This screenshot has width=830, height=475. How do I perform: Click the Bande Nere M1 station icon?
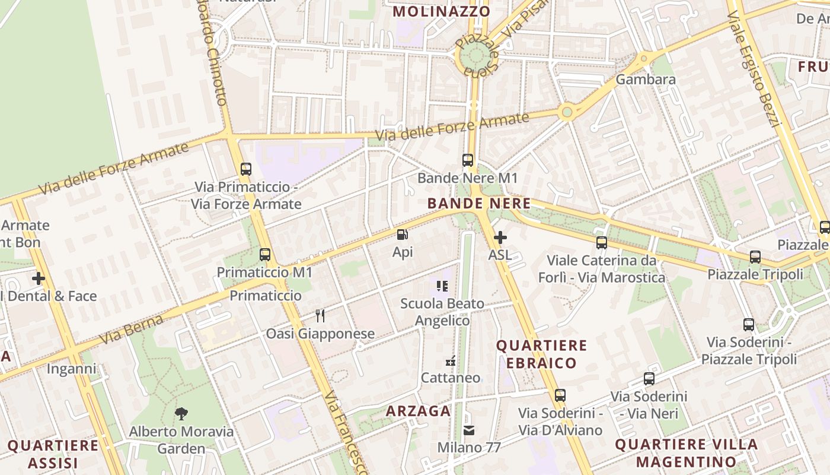(x=468, y=160)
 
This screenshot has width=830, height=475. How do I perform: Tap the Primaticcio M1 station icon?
(x=265, y=255)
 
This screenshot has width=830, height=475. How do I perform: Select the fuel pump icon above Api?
(x=403, y=235)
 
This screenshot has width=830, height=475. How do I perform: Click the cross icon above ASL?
(x=500, y=237)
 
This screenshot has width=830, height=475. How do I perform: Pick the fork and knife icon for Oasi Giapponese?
(x=320, y=315)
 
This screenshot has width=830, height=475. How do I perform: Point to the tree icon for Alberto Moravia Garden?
(x=181, y=413)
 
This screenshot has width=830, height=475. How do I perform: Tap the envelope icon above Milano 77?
(x=469, y=430)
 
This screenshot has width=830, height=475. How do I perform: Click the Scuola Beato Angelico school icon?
(x=442, y=286)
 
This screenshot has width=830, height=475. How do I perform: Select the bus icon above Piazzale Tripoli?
(x=755, y=257)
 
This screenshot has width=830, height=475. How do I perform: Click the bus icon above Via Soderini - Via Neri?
(x=649, y=379)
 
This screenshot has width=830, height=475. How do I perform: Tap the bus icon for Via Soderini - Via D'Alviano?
(x=560, y=395)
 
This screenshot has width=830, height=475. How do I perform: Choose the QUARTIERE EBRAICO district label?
(x=542, y=354)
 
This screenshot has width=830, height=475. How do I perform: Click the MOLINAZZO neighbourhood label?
(x=442, y=11)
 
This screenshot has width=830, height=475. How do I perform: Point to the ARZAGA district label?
(x=419, y=411)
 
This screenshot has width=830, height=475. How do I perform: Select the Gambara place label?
(x=646, y=79)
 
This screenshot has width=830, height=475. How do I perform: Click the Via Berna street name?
(x=131, y=330)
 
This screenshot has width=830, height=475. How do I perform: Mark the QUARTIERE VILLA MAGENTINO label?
(x=687, y=452)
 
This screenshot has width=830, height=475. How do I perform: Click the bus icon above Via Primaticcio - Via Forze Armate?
(x=246, y=169)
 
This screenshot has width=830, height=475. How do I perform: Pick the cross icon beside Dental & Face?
(x=39, y=278)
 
